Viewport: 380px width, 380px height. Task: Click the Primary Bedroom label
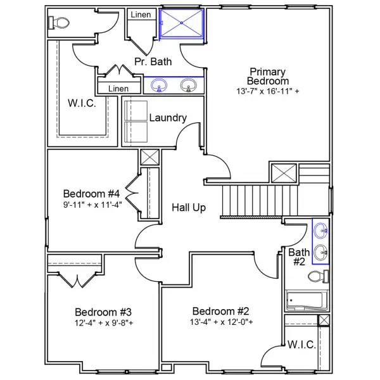(x=268, y=77)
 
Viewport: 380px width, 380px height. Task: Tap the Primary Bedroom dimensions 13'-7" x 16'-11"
(x=268, y=91)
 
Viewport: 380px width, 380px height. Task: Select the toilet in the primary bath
(x=59, y=23)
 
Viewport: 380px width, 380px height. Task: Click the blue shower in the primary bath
(x=182, y=24)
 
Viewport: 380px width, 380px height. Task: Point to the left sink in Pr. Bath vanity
(x=159, y=85)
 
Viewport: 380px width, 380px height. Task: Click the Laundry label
(x=168, y=118)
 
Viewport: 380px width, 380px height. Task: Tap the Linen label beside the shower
(x=141, y=14)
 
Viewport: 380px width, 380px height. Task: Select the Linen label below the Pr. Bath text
(x=118, y=89)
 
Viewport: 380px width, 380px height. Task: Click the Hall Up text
(x=189, y=207)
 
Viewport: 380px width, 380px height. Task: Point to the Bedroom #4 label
(x=92, y=193)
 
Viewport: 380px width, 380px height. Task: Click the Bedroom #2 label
(x=221, y=311)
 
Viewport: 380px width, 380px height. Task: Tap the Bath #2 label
(x=299, y=257)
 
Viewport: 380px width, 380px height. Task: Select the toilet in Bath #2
(x=320, y=276)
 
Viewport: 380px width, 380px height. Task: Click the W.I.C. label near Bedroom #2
(x=301, y=345)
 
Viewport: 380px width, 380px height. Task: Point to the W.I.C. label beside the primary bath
(x=82, y=103)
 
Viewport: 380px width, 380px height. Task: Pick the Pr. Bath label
(x=152, y=61)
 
